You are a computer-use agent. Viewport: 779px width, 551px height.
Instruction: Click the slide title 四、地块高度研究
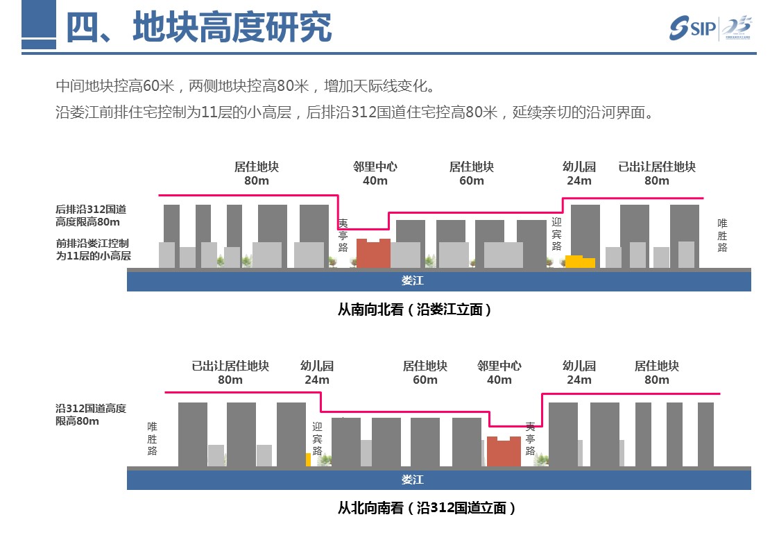coord(198,28)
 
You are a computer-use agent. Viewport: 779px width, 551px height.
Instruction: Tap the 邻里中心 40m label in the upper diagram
coord(375,173)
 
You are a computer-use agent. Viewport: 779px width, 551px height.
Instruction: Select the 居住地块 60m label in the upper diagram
coord(471,173)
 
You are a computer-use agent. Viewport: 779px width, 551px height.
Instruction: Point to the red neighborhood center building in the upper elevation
coord(373,253)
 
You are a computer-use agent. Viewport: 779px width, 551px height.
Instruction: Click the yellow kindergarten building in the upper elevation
coord(579,262)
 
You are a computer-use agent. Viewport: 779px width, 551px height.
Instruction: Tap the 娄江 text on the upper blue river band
coord(412,281)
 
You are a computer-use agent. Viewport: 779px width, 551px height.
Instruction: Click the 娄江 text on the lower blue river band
coord(412,480)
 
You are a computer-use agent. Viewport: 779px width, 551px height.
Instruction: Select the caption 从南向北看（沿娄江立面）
coord(415,310)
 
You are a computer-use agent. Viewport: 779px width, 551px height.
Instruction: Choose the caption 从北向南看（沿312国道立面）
coord(427,508)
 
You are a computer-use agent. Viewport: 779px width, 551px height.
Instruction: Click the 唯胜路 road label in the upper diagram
coord(722,235)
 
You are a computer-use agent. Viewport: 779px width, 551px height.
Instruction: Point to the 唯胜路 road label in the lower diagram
coord(152,439)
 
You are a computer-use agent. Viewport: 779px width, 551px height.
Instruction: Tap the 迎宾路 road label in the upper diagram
coord(556,235)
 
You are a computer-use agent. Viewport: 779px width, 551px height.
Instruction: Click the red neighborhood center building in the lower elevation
coord(504,451)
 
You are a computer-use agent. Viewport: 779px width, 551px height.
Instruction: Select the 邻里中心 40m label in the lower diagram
coord(499,373)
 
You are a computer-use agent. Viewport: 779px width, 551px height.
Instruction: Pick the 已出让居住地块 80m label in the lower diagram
coord(230,373)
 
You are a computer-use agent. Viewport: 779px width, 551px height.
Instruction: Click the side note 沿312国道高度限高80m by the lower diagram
coord(91,414)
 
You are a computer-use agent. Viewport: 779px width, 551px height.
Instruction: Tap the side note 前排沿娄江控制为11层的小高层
coord(93,250)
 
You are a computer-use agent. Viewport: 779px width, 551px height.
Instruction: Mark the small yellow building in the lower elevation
coord(308,459)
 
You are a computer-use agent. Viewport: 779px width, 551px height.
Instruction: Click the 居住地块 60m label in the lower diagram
coord(425,373)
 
